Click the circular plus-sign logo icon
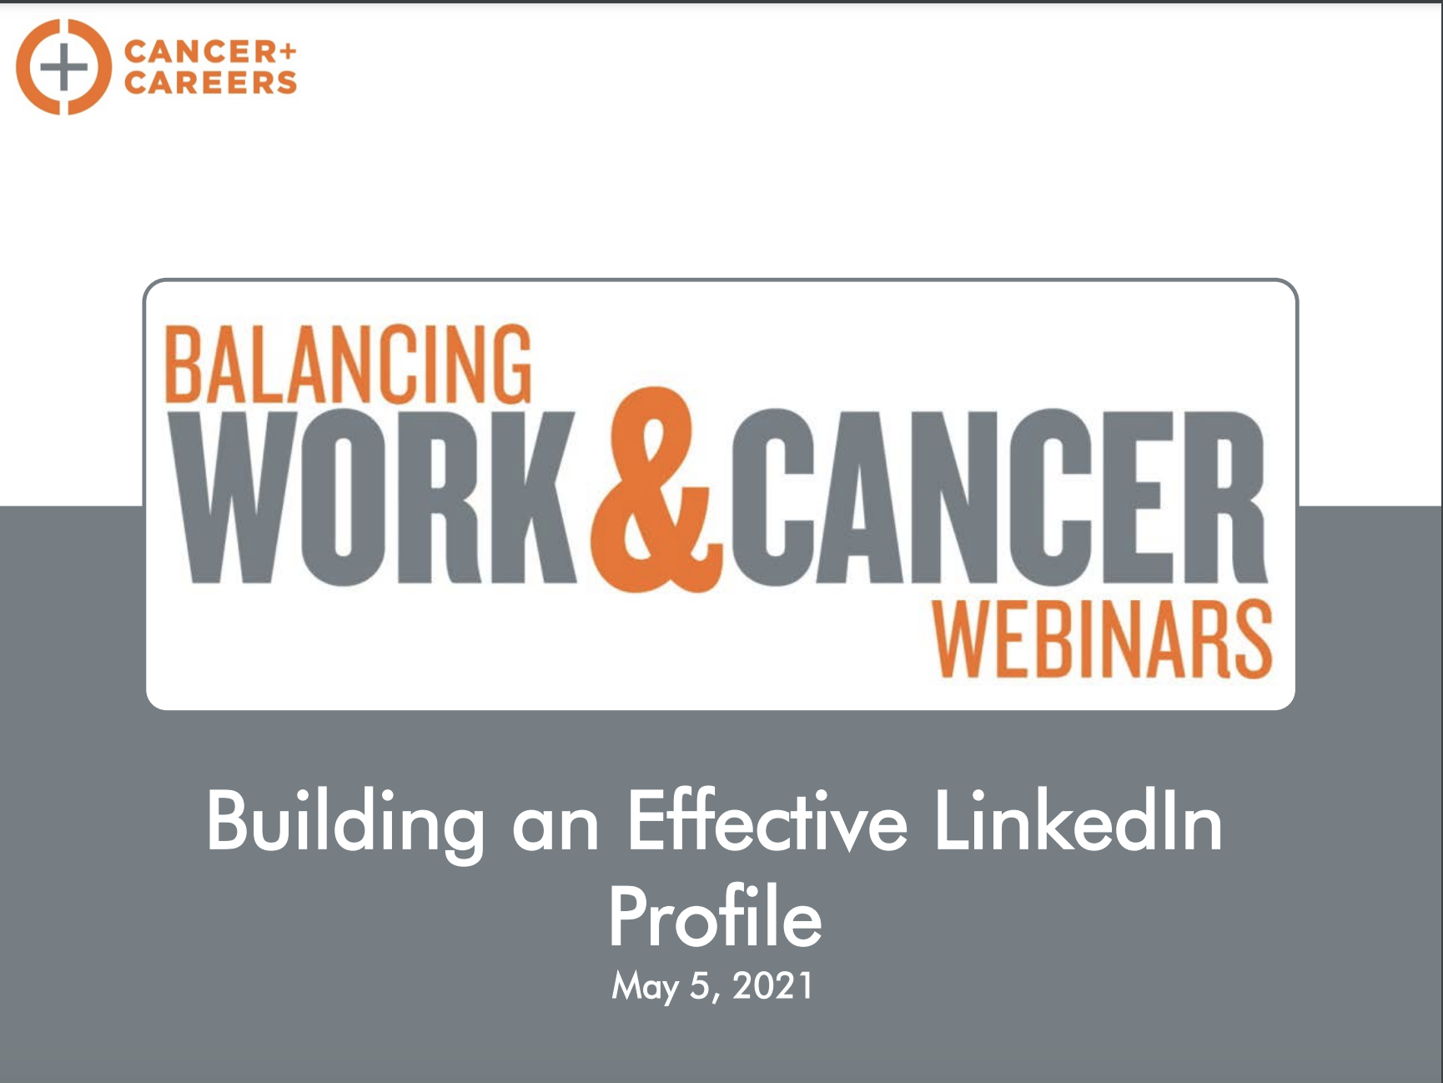[63, 67]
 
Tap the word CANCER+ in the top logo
[210, 52]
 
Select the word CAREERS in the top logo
[210, 83]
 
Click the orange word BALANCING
[347, 364]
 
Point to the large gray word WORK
[380, 497]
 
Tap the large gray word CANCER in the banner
[999, 497]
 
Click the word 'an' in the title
[556, 829]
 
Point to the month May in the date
[645, 987]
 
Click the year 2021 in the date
[772, 985]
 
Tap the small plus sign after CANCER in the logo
[287, 52]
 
